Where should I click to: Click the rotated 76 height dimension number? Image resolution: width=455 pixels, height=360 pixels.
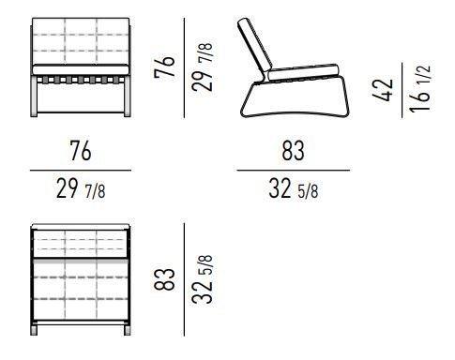point(164,67)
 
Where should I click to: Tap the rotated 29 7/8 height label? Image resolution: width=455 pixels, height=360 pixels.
point(202,67)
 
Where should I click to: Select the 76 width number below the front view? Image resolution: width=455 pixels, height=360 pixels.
point(81,151)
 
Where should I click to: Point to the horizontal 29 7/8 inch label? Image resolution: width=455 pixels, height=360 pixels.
point(81,188)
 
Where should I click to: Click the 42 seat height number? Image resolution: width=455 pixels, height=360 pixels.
point(383,90)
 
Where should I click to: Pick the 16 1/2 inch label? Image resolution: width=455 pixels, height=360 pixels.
point(420,88)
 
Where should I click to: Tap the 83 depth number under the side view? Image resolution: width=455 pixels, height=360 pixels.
point(293,151)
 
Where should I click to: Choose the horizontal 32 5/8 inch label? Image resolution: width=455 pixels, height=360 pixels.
point(294,188)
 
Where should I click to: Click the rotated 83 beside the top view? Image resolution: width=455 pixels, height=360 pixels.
point(164,279)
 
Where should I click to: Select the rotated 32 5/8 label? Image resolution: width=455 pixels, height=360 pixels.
point(203,279)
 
